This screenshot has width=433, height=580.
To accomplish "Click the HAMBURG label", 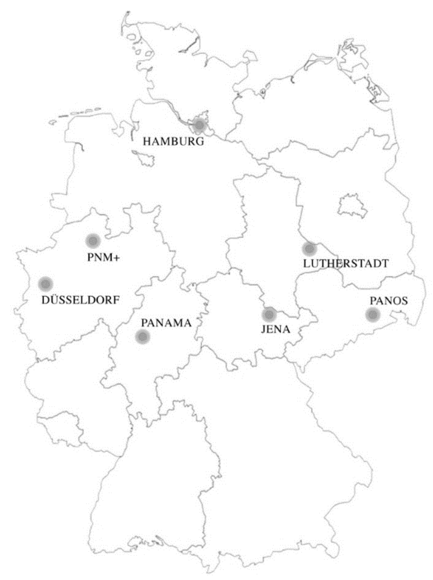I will pos(173,141).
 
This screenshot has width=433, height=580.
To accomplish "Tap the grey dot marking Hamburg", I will pos(199,125).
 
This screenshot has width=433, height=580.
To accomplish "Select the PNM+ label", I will pos(103,257).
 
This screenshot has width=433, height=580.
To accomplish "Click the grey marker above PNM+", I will pos(93,241).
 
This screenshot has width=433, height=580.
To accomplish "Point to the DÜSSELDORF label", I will pos(80,300).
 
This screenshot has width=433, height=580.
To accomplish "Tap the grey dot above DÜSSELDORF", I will pos(46,284).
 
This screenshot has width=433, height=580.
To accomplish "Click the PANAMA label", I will pos(166,323).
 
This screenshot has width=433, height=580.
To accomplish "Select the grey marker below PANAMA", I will pos(143,336).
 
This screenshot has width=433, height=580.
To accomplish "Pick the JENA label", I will pos(275,329).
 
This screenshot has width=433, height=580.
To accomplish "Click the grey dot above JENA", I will pos(269,314).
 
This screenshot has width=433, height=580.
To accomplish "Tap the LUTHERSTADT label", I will pos(346,263).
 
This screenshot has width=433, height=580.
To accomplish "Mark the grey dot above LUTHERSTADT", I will pos(309,249).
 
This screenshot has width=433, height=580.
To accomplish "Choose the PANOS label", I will pos(388,301).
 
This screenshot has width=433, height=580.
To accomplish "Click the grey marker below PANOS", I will pos(373,315).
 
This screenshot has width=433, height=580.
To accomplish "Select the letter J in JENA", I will pos(264,329).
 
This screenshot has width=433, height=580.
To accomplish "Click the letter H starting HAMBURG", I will pos(147,141).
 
